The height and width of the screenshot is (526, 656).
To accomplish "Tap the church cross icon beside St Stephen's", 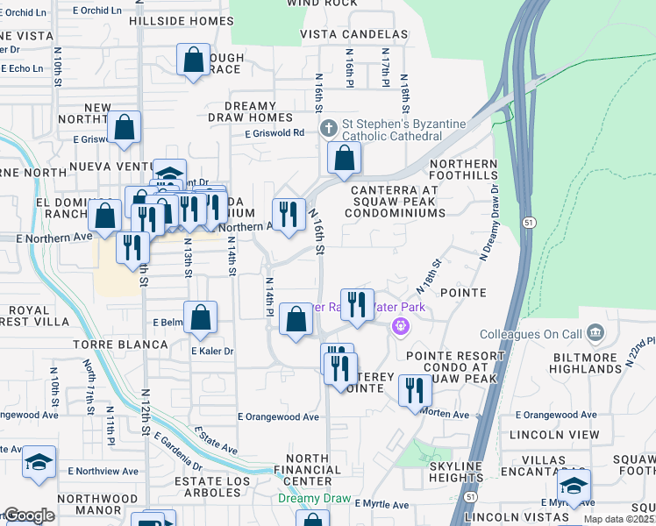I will pos(329,130).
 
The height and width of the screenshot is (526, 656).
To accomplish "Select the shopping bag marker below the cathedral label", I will pos(345,160).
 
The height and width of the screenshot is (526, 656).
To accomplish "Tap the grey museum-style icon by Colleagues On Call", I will pos(595,333).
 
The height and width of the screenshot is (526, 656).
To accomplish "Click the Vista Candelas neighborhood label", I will pos(354,34).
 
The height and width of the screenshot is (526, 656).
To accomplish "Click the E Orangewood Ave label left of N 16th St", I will pos(278,417).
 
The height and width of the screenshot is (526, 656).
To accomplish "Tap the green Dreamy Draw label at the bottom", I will pos(313,498).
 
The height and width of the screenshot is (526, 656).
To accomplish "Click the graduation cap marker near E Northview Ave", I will pos(38,462).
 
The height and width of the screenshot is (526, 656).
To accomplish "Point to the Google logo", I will pos(28,515).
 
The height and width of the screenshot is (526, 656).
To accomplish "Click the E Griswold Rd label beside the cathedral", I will pos(275,133).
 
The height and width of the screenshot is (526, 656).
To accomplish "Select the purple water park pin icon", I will pos(401,326).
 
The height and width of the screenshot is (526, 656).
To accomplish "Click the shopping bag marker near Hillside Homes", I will pos(193,60).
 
